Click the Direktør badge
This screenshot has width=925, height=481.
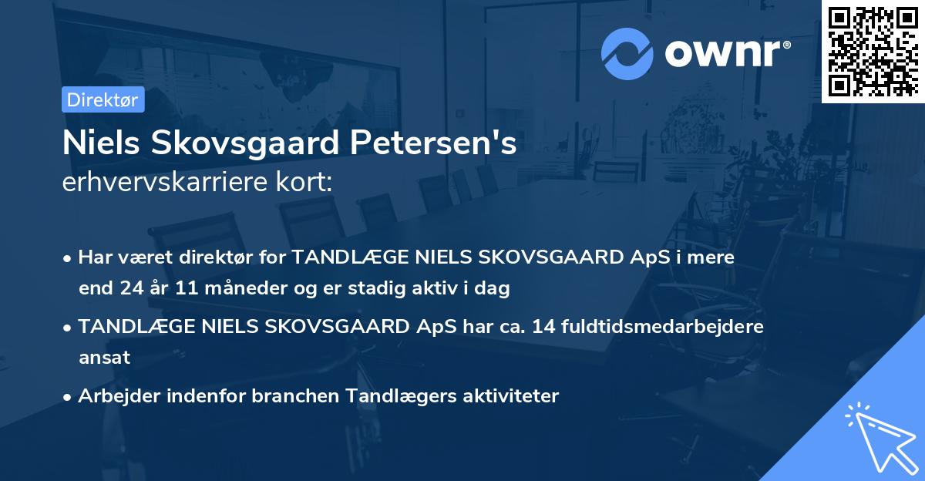[x=103, y=99]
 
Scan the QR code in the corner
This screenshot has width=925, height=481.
[x=873, y=51]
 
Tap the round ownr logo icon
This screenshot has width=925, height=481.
[x=627, y=54]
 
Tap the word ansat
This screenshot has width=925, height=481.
[x=104, y=358]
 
